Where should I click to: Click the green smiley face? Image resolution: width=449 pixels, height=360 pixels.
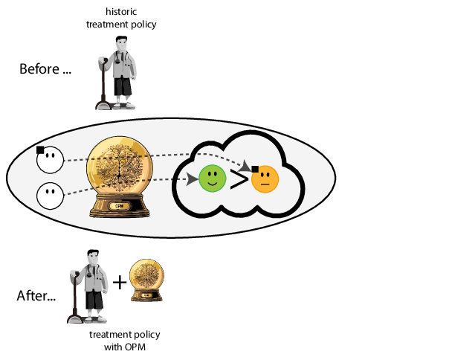point(212,179)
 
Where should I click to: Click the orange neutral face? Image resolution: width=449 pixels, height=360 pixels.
point(265,179)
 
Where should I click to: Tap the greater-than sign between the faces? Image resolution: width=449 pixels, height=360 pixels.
point(239,179)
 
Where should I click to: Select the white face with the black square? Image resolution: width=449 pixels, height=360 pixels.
point(51,160)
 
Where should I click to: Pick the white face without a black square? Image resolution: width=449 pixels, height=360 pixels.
point(51,196)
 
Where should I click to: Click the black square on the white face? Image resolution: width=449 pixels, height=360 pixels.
point(40,150)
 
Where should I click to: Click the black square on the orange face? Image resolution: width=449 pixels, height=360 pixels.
point(255,170)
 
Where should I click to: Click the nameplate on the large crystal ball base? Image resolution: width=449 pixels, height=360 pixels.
point(119,206)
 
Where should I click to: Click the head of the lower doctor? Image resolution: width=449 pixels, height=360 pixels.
point(93,260)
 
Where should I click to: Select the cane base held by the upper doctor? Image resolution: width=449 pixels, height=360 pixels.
point(103,106)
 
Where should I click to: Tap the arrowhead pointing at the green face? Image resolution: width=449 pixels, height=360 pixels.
point(192,179)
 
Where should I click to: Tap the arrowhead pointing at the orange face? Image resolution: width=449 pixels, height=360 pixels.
point(245,165)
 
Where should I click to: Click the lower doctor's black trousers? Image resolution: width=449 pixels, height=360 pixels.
point(94,301)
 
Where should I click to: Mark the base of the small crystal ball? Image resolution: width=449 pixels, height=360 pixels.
point(146,295)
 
